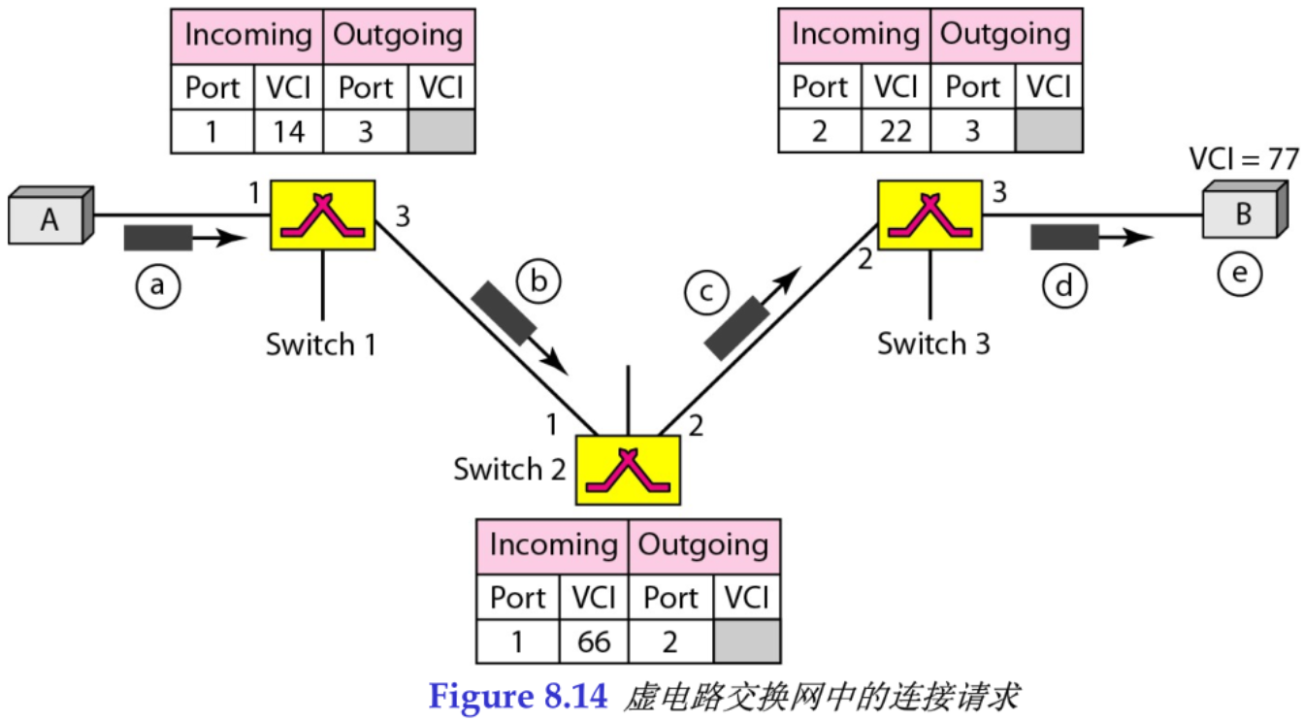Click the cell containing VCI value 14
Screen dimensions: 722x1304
[289, 131]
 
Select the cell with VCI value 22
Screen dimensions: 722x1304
[895, 131]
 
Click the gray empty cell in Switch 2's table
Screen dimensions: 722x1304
[746, 641]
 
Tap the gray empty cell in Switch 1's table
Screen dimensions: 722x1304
[441, 131]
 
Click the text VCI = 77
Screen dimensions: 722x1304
[1243, 158]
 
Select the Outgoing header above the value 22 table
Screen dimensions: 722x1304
[1005, 35]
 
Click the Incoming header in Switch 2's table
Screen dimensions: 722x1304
[552, 545]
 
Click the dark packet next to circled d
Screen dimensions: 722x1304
[1063, 236]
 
